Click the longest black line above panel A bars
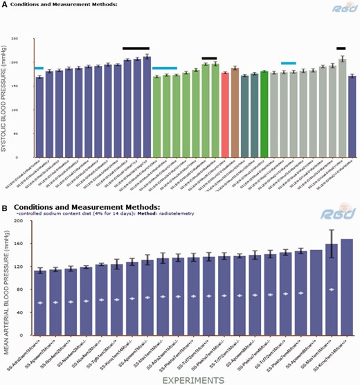pos(136,48)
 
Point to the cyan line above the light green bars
pos(164,69)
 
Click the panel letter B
pos(6,207)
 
